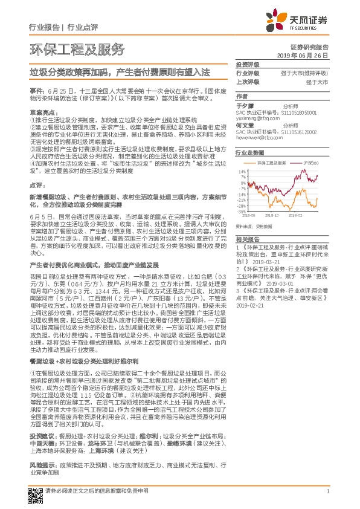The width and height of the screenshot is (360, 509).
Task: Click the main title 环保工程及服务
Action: tap(77, 48)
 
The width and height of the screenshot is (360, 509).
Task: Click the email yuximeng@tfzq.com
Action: tap(257, 118)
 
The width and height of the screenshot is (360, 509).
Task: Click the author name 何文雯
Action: tap(243, 125)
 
